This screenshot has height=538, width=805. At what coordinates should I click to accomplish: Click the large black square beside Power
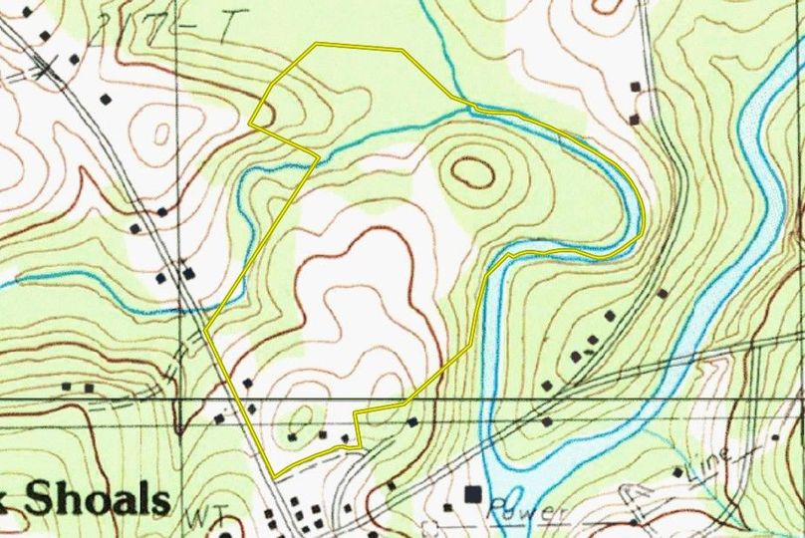coord(474,493)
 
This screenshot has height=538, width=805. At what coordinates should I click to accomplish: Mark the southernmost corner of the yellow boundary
coord(275,472)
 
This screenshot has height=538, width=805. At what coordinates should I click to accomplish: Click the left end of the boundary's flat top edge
coord(316,44)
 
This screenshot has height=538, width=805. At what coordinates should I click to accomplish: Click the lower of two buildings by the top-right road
coord(635,119)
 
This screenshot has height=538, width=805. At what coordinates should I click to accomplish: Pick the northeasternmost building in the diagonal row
coord(662,293)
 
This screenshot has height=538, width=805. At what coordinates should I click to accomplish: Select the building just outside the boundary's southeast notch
coord(412,422)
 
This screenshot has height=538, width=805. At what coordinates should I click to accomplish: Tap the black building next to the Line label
coord(677,471)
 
